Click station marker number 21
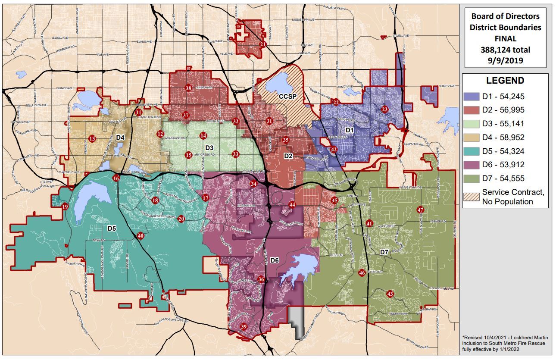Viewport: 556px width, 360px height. pos(262,44)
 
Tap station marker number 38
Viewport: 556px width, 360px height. pos(188,88)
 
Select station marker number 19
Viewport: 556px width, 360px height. pos(65,207)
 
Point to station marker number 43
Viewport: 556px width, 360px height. pos(390,294)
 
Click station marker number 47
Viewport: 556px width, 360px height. pos(420,210)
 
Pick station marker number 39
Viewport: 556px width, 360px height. pos(244,327)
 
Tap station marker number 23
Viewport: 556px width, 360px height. pos(384,110)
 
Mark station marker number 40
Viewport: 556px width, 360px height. pos(140,236)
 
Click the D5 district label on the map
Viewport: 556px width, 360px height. pos(112,228)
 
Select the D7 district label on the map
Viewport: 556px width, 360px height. pos(384,252)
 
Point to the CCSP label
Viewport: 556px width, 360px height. pos(287,96)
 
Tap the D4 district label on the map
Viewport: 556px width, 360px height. pos(120,138)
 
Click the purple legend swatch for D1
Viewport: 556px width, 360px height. pos(471,96)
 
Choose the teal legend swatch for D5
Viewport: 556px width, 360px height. pos(471,151)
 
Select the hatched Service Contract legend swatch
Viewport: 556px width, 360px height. pos(471,197)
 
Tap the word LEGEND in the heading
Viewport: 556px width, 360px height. pos(505,81)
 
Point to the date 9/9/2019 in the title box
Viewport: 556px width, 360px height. pos(506,60)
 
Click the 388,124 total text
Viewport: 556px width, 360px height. pos(506,50)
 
